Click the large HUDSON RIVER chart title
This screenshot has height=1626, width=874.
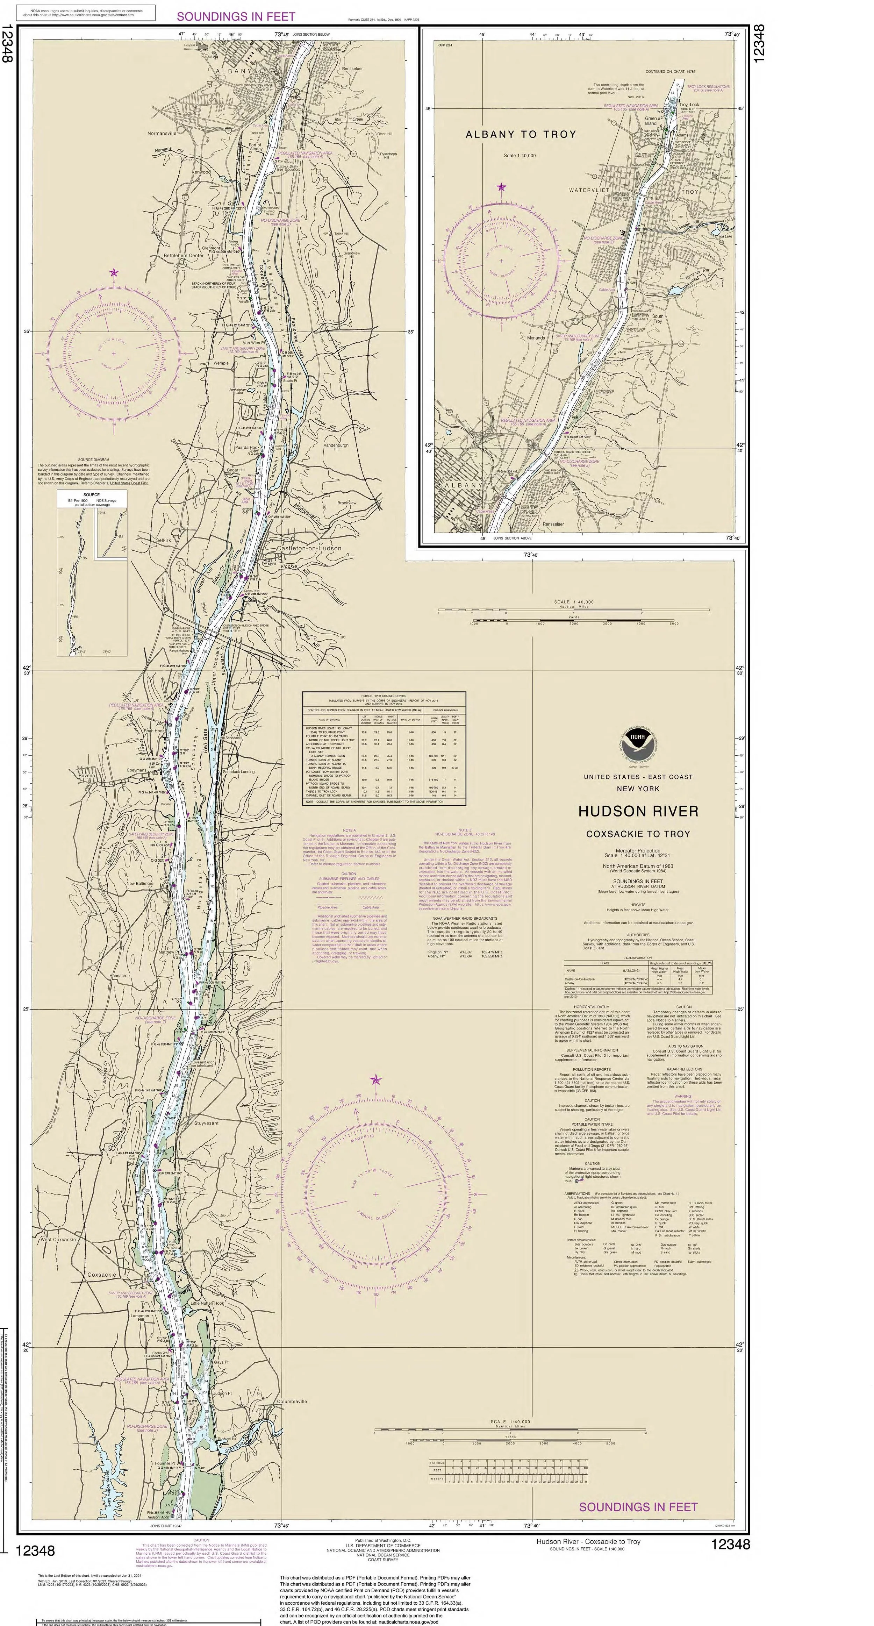click(638, 811)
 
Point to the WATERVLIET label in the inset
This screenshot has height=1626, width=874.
click(589, 190)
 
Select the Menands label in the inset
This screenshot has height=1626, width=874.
click(536, 338)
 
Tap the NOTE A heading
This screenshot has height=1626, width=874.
click(349, 830)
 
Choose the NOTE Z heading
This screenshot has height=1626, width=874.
click(465, 830)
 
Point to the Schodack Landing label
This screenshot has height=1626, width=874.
click(238, 771)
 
